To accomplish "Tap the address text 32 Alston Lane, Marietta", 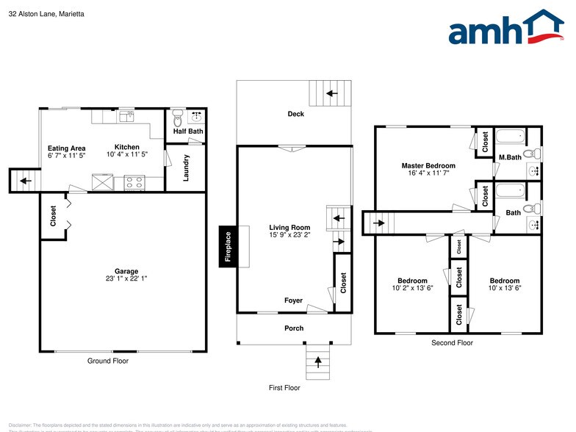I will click(46, 12).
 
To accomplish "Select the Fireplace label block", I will click(228, 246).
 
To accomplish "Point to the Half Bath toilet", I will click(177, 118).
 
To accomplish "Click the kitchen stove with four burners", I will click(134, 182).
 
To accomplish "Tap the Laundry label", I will click(187, 168).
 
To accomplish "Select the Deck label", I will click(295, 114).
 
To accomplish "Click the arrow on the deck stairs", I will click(330, 93).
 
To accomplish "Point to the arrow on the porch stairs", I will click(318, 361).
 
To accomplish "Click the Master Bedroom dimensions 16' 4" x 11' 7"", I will click(428, 173).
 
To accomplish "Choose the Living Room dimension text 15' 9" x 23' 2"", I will click(289, 236).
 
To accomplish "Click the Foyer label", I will click(293, 300).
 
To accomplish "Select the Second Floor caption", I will click(452, 342).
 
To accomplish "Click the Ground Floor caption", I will click(108, 361).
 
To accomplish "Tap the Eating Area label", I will click(67, 148).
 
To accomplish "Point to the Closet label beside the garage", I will click(54, 216).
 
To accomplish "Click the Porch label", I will click(294, 328).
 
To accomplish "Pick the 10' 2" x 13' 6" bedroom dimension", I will click(412, 288).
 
